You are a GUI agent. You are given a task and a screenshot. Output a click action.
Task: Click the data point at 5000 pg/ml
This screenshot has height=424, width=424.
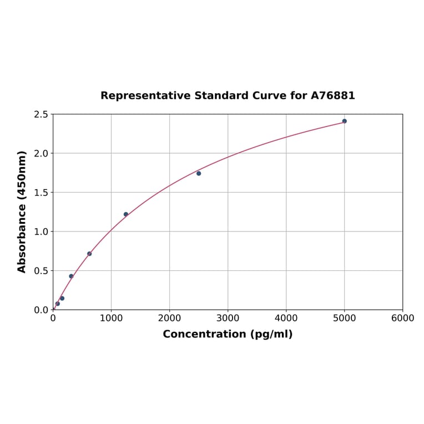click(x=344, y=121)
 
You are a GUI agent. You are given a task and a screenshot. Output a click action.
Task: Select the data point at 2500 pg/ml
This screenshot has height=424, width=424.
click(x=199, y=173)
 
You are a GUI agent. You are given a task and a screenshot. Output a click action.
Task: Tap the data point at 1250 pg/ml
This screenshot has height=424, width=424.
click(x=126, y=214)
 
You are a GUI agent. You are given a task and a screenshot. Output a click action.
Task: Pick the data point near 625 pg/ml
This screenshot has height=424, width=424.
click(x=89, y=254)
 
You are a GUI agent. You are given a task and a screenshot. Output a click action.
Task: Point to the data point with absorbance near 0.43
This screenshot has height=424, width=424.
click(x=71, y=276)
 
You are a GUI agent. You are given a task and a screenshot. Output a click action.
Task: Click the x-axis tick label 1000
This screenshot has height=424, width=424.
click(x=111, y=318)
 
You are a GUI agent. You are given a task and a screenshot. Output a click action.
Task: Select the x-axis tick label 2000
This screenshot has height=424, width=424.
click(x=169, y=318)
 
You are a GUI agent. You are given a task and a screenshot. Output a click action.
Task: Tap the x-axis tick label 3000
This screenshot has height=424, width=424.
click(x=228, y=318)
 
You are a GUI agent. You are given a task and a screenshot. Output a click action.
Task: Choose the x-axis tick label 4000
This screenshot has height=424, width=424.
click(x=286, y=318)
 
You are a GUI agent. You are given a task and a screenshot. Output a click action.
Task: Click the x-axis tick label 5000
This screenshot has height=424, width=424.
click(x=344, y=318)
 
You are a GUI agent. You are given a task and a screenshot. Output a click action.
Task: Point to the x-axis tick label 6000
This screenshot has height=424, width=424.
click(x=402, y=318)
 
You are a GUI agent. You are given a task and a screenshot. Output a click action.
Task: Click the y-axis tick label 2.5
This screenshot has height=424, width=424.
click(x=41, y=114)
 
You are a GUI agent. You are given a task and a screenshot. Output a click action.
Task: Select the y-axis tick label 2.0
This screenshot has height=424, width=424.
click(x=41, y=153)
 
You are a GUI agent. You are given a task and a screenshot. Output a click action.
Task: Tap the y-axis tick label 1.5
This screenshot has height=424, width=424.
click(x=41, y=193)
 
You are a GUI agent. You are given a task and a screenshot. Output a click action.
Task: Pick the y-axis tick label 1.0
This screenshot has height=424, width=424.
click(x=41, y=231)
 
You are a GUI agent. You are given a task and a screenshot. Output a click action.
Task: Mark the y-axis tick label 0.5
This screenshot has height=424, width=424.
click(x=41, y=271)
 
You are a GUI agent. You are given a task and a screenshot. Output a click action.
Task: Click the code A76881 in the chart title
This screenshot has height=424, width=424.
click(x=332, y=95)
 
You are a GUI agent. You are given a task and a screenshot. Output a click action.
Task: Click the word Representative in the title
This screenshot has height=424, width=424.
click(x=145, y=95)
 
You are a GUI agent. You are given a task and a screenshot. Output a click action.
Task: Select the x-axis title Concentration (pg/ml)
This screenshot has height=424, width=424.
click(x=228, y=334)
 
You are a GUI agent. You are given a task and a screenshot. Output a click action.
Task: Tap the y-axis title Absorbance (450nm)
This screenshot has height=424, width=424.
click(x=22, y=211)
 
